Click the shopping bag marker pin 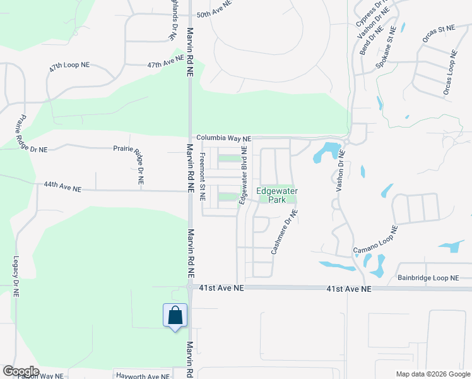coord(175,315)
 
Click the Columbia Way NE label coord(223,138)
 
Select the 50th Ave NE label coord(215,14)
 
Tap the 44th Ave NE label coord(62,188)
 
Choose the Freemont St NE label coord(203,176)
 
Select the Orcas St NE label coord(438,37)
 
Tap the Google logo coord(21,371)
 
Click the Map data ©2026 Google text coord(432,374)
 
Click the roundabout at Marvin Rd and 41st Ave coord(190,287)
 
